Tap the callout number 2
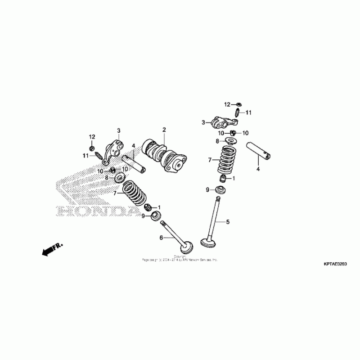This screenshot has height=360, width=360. point(164,130)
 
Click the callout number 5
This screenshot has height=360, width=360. point(228,222)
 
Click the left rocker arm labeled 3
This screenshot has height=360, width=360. point(113,151)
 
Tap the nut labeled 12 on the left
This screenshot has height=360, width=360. point(92,147)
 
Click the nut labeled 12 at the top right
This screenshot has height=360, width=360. point(239,104)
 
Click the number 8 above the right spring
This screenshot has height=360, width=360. point(217,141)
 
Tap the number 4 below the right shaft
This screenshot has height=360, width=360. point(258,169)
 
